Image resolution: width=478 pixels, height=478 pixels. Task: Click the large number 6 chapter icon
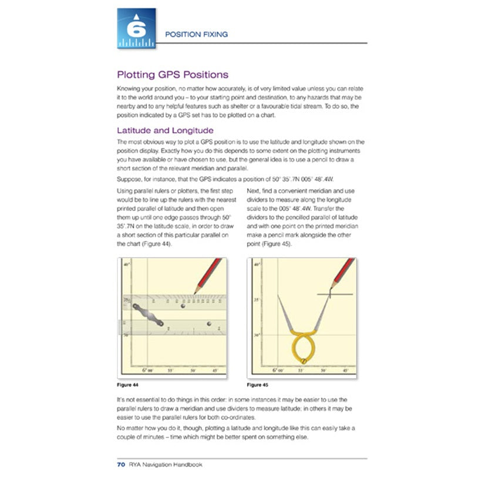pyautogui.click(x=136, y=28)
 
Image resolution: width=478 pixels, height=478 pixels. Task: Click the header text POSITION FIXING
pyautogui.click(x=196, y=35)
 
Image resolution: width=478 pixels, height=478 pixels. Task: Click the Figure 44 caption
pyautogui.click(x=128, y=385)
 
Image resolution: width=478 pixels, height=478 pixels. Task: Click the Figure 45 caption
pyautogui.click(x=257, y=385)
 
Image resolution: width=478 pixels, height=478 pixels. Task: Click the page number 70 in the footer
pyautogui.click(x=120, y=464)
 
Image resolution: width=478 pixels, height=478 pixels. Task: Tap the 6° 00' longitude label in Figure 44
pyautogui.click(x=148, y=371)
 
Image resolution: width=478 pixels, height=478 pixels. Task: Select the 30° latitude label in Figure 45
pyautogui.click(x=257, y=336)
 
